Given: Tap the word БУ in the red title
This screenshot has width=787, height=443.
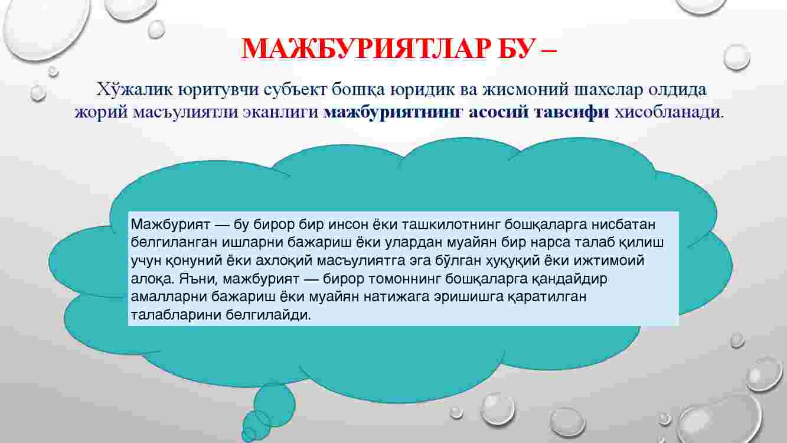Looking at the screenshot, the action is tap(515, 48).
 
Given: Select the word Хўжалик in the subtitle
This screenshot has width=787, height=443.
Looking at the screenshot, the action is tap(135, 90).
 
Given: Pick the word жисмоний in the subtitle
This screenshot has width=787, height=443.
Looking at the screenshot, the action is tap(525, 90).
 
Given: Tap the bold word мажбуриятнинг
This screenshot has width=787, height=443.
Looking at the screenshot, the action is tap(393, 112).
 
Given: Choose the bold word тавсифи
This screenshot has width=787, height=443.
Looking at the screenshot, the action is tap(572, 112).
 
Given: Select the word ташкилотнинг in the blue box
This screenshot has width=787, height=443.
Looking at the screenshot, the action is tap(450, 224).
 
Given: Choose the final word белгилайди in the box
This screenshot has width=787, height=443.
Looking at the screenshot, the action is tap(268, 315).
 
